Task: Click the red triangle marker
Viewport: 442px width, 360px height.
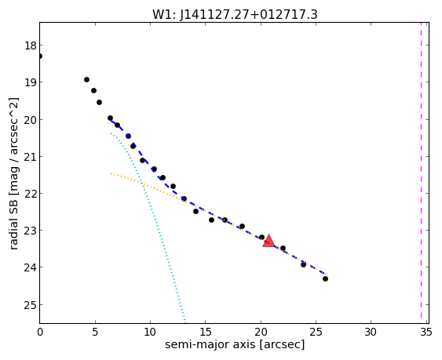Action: click(268, 241)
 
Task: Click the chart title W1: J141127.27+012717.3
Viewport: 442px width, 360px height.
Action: click(235, 15)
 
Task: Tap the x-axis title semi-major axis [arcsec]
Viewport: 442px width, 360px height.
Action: click(235, 344)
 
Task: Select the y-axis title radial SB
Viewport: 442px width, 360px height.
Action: click(14, 225)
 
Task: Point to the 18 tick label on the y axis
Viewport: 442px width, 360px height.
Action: click(30, 45)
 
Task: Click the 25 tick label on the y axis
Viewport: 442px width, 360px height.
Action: click(30, 305)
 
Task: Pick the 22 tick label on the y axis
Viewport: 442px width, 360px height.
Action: click(30, 194)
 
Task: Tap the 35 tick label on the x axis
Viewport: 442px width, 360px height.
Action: click(426, 333)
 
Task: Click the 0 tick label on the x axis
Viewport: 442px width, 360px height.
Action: click(40, 333)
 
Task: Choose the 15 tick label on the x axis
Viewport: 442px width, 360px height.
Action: click(205, 333)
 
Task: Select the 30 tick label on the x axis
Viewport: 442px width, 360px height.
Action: click(371, 333)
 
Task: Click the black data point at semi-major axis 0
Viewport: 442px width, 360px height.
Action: click(40, 56)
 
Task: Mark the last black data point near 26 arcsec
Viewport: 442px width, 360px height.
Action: click(325, 279)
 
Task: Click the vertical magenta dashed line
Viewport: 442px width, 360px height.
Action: click(421, 173)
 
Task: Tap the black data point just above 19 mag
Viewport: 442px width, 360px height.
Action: click(87, 80)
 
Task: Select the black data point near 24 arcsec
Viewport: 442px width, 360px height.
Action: click(303, 264)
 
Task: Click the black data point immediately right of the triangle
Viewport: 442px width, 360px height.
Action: click(283, 248)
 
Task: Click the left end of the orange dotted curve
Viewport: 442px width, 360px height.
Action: click(111, 173)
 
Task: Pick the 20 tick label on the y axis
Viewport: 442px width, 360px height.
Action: click(30, 120)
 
